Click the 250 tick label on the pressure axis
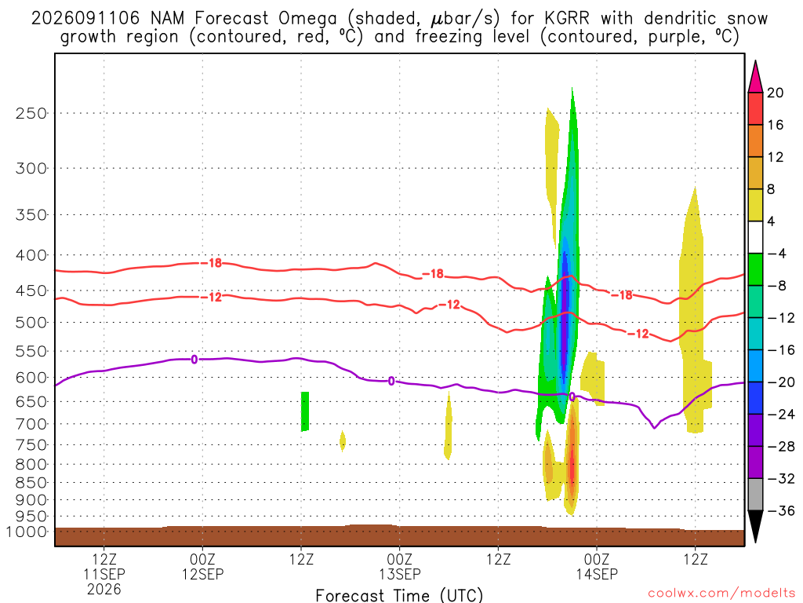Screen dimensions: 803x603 point(31,113)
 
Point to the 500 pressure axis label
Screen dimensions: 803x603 point(31,323)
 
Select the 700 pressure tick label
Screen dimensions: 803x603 point(31,424)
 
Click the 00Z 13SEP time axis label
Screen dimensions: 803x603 point(399,566)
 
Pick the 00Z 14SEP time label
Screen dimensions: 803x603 point(597,566)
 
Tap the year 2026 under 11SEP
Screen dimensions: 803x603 point(104,589)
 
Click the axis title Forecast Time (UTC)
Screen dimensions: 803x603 point(399,595)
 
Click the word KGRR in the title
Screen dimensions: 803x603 point(567,19)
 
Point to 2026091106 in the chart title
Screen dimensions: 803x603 point(85,19)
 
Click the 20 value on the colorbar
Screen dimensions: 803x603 point(775,93)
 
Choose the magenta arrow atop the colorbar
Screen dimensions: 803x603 point(755,78)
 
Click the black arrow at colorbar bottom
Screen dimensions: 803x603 point(755,525)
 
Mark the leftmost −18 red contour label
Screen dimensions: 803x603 point(211,263)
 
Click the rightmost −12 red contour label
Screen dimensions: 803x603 point(638,334)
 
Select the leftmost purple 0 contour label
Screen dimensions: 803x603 point(194,360)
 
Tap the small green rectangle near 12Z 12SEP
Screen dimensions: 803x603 point(305,411)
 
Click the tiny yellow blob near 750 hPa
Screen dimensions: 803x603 point(343,441)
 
